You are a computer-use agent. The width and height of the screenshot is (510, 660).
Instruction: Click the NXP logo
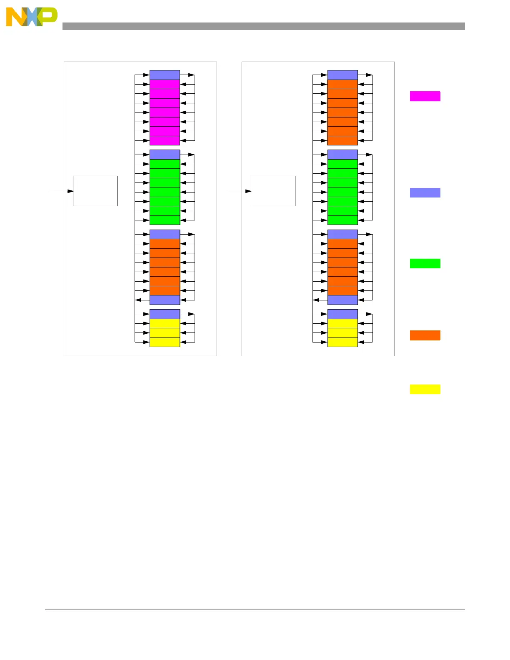32,17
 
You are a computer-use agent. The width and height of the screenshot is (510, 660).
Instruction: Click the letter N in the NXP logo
15,17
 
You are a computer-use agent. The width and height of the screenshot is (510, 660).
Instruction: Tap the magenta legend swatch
425,96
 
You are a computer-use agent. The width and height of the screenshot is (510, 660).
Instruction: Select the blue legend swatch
425,192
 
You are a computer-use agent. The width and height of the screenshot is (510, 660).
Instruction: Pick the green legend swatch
425,263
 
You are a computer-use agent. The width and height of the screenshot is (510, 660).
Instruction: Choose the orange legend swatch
425,335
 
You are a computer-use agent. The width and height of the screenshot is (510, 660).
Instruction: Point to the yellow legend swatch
425,389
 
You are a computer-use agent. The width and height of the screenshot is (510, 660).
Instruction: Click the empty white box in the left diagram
95,191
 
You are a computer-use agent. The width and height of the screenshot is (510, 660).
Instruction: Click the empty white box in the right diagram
273,191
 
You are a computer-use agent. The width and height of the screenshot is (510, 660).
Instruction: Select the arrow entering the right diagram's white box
240,191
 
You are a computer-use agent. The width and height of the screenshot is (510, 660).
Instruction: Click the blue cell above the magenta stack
165,75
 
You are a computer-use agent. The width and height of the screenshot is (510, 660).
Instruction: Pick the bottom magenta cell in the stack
165,140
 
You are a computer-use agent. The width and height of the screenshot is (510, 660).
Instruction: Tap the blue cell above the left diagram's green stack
165,155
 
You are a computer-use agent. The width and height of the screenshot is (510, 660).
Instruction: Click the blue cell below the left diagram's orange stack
165,300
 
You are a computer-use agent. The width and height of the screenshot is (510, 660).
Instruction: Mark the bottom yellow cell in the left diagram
165,342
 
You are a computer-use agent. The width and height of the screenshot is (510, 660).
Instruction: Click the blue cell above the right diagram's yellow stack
342,314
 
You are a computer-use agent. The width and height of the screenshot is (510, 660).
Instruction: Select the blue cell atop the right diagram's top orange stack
342,75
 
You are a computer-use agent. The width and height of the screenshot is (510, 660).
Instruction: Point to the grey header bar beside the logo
263,26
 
